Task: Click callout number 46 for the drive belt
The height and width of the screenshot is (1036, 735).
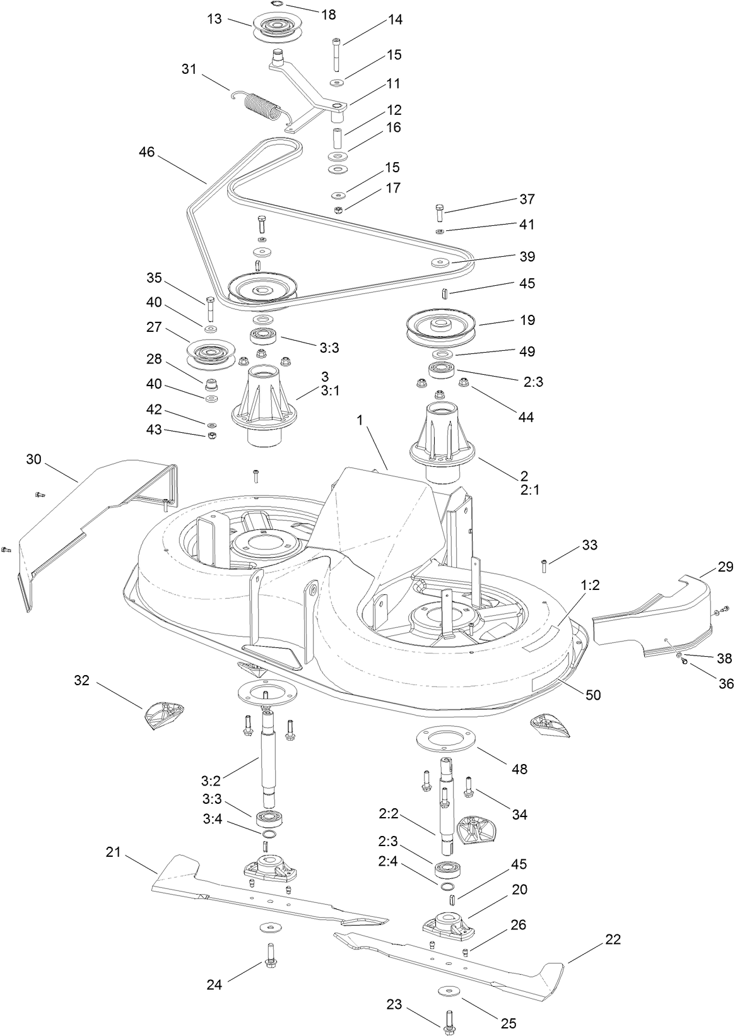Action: (148, 153)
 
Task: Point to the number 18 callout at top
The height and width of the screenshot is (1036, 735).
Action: (329, 15)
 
